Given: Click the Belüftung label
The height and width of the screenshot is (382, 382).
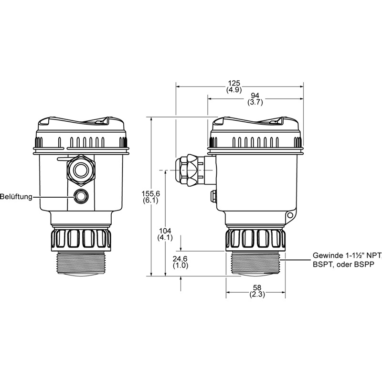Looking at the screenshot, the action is [x=16, y=197].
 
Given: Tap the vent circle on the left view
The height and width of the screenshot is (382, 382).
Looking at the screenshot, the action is [x=81, y=196].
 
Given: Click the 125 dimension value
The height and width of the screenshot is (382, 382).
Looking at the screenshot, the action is [x=234, y=83].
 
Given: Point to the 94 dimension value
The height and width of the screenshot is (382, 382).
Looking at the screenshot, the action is [x=255, y=95].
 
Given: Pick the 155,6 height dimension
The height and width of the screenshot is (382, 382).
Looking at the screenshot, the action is [x=151, y=194].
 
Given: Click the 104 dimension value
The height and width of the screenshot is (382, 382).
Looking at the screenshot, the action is [x=165, y=231].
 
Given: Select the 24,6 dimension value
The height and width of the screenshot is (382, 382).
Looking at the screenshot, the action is [x=180, y=259].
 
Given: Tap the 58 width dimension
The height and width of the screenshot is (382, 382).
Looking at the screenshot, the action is [x=257, y=288].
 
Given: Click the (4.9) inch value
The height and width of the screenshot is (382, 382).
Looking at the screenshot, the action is [x=234, y=90].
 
